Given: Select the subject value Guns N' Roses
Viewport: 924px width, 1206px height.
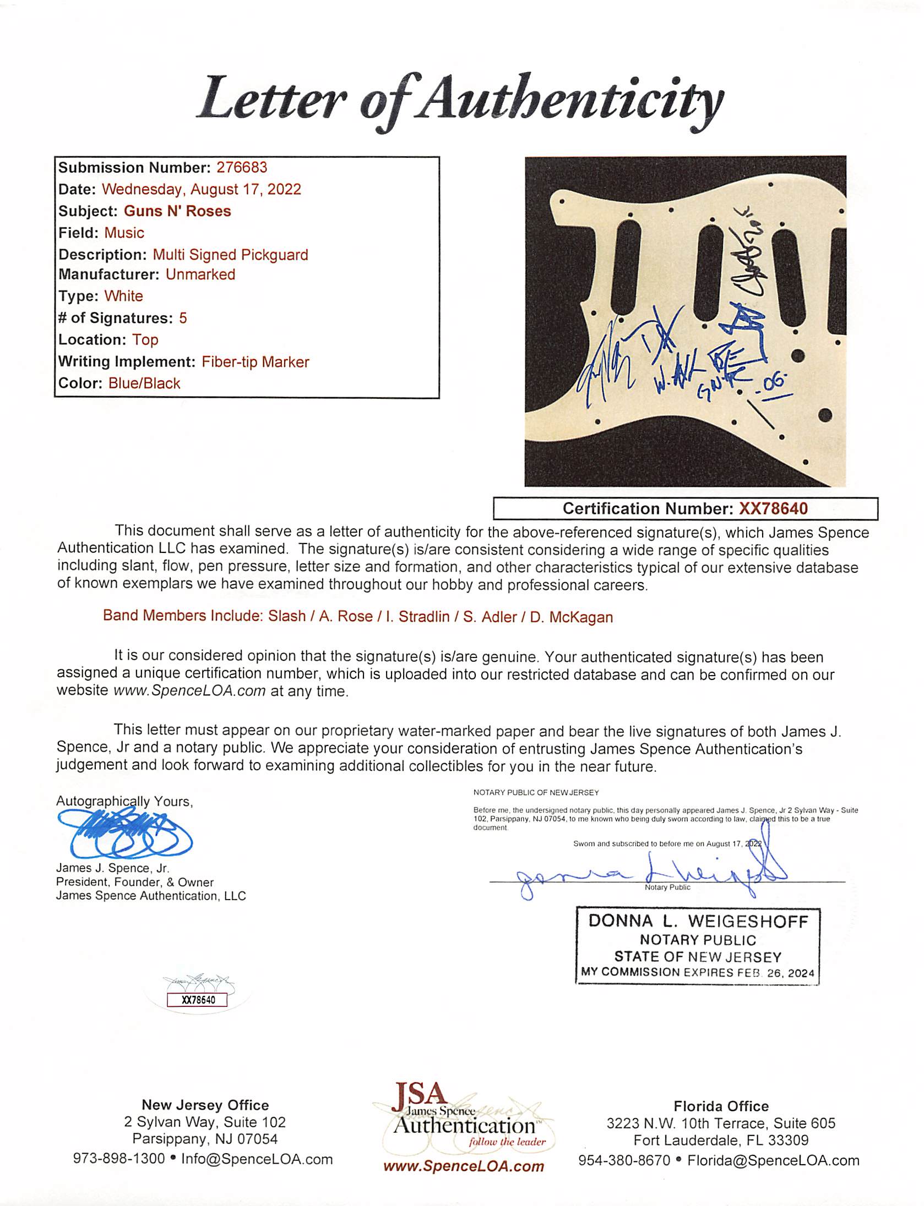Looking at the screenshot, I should tap(177, 211).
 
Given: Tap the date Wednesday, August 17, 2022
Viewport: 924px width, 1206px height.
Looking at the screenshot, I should tap(202, 189).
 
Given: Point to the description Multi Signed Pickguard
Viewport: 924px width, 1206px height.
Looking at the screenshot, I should tap(230, 255).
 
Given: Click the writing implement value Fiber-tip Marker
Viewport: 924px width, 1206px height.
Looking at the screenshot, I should tap(256, 362).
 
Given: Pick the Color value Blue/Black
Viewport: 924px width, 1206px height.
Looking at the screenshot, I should tap(144, 383).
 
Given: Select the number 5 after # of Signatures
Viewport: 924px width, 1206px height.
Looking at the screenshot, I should tap(183, 318).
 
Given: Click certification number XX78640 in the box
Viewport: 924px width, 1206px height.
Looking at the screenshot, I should tap(773, 508).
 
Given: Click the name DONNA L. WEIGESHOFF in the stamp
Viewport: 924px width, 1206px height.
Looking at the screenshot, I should tap(698, 922).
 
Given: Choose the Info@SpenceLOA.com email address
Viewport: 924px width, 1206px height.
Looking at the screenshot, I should tap(257, 1159).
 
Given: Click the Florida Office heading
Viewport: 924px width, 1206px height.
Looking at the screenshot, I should tap(721, 1106).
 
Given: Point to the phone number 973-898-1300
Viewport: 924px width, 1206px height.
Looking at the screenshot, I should tap(119, 1159).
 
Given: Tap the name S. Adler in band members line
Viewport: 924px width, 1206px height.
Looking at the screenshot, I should tap(490, 617).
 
